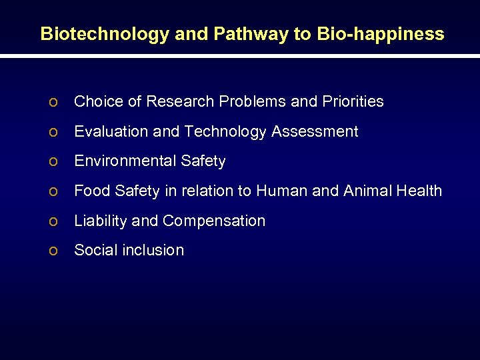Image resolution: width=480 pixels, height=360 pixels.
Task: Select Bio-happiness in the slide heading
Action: [x=380, y=34]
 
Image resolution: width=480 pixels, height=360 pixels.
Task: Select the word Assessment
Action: [x=315, y=131]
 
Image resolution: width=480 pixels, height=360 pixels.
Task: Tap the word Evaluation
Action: [x=111, y=131]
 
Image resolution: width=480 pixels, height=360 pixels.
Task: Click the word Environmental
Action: [x=125, y=161]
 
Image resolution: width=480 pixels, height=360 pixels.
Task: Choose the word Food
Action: [x=92, y=191]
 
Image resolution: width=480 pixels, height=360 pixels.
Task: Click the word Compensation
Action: [x=214, y=221]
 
